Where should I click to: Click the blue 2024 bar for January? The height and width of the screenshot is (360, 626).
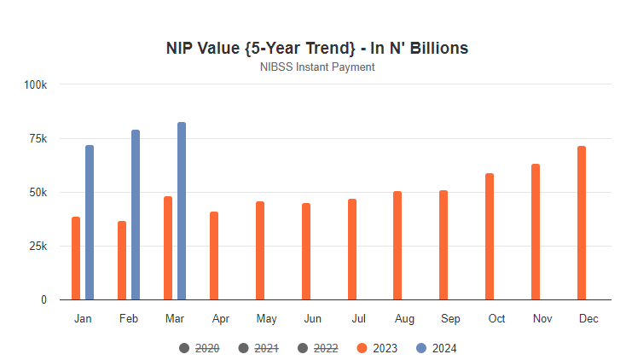[90, 223]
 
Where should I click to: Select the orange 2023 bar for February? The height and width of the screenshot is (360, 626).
[122, 260]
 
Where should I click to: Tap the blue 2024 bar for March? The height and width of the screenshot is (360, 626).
[182, 211]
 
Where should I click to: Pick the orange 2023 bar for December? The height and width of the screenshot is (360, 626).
[582, 223]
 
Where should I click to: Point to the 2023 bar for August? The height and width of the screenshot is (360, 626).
[397, 246]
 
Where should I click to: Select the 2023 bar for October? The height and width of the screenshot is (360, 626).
[490, 236]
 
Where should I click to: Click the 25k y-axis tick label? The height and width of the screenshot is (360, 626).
[38, 247]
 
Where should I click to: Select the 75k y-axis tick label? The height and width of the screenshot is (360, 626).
[38, 138]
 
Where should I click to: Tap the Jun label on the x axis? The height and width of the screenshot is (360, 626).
[312, 319]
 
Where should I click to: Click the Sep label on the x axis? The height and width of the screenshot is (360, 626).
[450, 319]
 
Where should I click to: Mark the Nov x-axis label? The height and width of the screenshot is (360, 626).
[542, 319]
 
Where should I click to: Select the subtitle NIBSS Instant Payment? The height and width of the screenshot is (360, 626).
[317, 67]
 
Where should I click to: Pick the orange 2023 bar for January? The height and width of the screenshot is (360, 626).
[76, 258]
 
